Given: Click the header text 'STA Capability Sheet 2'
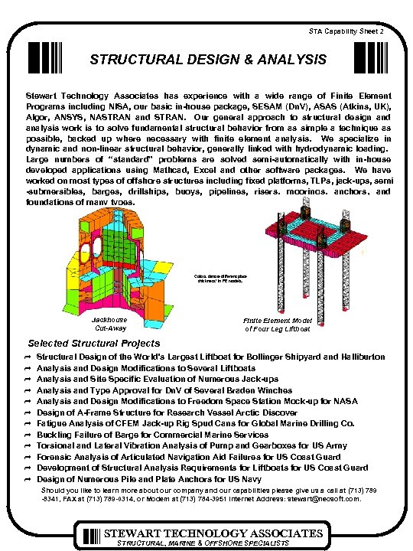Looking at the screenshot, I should [x=362, y=31].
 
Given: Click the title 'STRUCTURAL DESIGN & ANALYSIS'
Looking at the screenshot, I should [x=207, y=59].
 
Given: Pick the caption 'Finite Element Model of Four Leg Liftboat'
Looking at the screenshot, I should [x=277, y=324].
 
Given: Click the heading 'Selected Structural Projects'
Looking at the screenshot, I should [x=94, y=343].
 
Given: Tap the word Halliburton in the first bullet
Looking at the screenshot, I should [x=359, y=357].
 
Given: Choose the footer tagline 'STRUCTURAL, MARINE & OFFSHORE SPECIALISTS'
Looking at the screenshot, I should [x=201, y=543].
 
